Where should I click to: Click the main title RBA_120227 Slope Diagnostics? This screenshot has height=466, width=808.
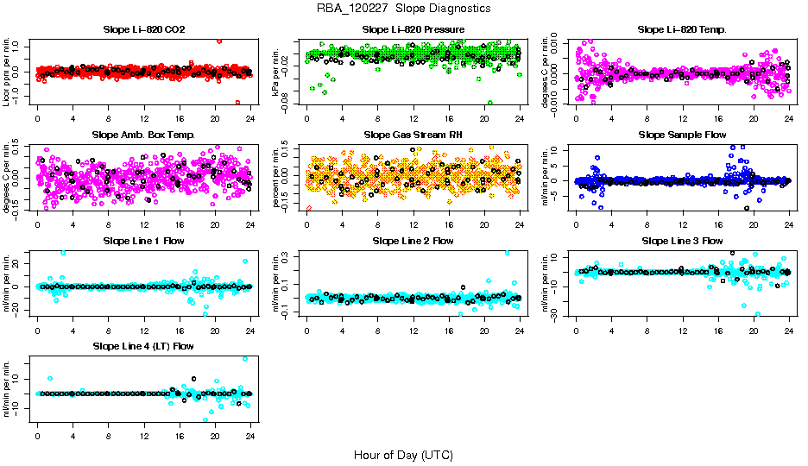coord(404,8)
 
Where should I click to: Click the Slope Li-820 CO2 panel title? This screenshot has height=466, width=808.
coord(143,29)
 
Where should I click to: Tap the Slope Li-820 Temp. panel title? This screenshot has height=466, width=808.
coord(682,29)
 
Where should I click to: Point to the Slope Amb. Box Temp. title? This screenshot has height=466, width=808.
coord(143,135)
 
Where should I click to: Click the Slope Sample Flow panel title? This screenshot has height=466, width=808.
coord(682,135)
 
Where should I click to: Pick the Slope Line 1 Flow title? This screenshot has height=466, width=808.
coord(143,241)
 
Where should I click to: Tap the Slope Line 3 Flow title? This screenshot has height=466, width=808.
coord(682,241)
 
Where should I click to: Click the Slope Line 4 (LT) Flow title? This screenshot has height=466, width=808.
coord(143,346)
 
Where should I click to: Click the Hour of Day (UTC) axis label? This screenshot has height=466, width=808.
coord(403,455)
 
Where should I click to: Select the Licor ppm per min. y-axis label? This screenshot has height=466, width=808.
coord(7,71)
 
